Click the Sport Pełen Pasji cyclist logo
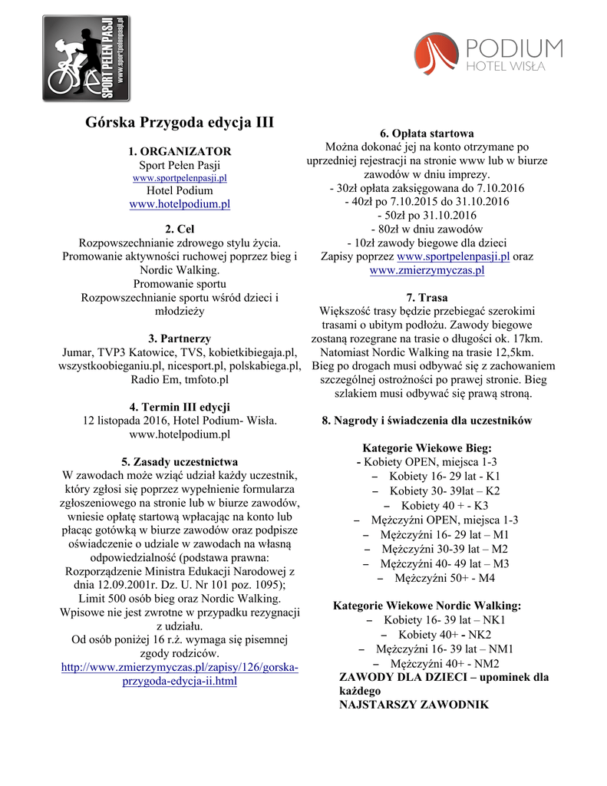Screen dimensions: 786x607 [86, 58]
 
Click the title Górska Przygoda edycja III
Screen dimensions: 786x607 [180, 122]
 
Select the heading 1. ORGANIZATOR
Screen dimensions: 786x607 [180, 151]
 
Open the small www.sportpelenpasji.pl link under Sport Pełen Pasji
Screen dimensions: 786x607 [180, 178]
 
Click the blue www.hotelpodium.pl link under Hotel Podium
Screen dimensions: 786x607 [180, 204]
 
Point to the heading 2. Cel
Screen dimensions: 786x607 [180, 230]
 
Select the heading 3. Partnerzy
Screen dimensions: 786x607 [180, 339]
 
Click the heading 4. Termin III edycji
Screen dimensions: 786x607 [180, 407]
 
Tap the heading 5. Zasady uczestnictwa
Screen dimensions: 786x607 [180, 462]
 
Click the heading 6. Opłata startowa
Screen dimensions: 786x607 [427, 133]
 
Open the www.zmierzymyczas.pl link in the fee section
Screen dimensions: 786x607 [427, 270]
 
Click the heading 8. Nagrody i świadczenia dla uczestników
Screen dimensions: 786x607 [427, 421]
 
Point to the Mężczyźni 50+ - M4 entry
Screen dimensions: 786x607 [436, 577]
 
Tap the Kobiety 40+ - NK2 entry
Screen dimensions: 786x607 [436, 634]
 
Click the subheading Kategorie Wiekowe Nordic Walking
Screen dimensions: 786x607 [427, 606]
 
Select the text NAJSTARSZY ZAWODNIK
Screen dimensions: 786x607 [414, 704]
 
